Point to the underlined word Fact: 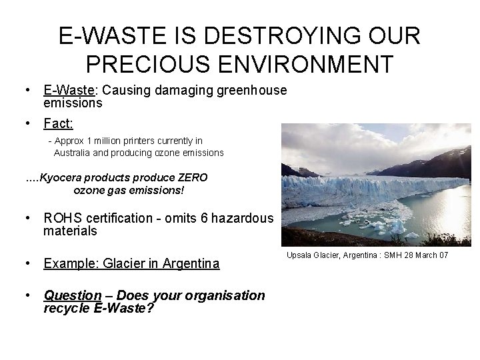[x=59, y=123]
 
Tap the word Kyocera [x=63, y=178]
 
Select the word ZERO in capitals [x=191, y=178]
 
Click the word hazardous [x=246, y=218]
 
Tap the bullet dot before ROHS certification [x=28, y=218]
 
